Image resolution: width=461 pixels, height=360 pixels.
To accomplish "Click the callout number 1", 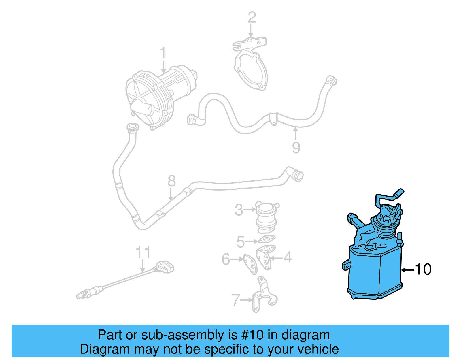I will (163, 53).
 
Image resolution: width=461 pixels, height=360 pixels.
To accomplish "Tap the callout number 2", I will (252, 17).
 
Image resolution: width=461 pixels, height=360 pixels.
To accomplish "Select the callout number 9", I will (296, 148).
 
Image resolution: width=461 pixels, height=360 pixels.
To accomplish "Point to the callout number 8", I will (171, 181).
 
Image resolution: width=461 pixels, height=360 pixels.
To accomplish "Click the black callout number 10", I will (423, 269).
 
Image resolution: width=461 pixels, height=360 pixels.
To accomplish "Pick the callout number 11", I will (143, 252).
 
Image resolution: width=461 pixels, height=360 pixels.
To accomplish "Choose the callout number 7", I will (236, 300).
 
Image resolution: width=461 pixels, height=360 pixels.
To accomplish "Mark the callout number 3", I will (239, 210).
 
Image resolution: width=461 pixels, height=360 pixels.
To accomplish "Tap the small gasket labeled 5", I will (267, 239).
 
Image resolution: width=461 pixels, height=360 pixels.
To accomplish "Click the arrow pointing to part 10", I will (408, 270).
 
